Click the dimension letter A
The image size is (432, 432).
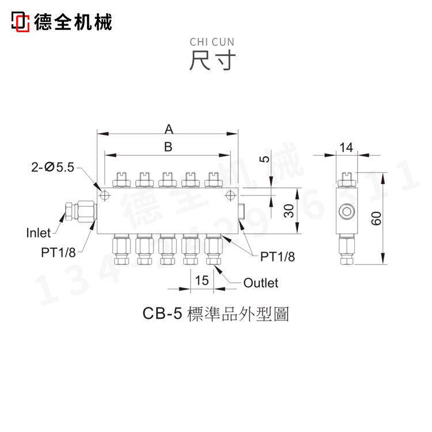(168, 127)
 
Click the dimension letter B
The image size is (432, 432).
(168, 147)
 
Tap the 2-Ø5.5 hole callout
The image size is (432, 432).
(54, 168)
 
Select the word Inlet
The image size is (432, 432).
(39, 233)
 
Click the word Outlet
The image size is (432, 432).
(260, 283)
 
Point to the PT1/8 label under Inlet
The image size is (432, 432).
(59, 252)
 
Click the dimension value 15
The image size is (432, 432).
(202, 281)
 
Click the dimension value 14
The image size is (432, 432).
(346, 147)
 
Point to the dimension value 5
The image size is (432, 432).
(264, 159)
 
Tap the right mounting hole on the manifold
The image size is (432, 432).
(230, 194)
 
